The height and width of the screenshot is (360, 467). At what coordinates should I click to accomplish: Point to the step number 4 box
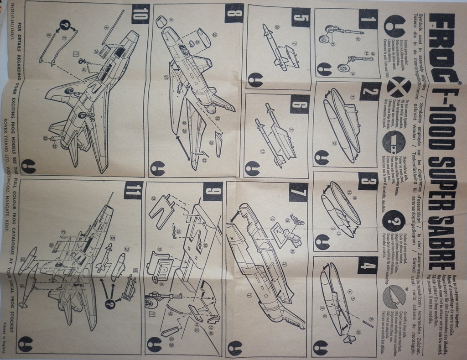pyautogui.click(x=367, y=265)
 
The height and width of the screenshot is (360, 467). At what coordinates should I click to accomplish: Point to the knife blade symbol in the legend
pyautogui.click(x=393, y=297)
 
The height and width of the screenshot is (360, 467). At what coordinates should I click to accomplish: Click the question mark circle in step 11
pyautogui.click(x=109, y=302)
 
